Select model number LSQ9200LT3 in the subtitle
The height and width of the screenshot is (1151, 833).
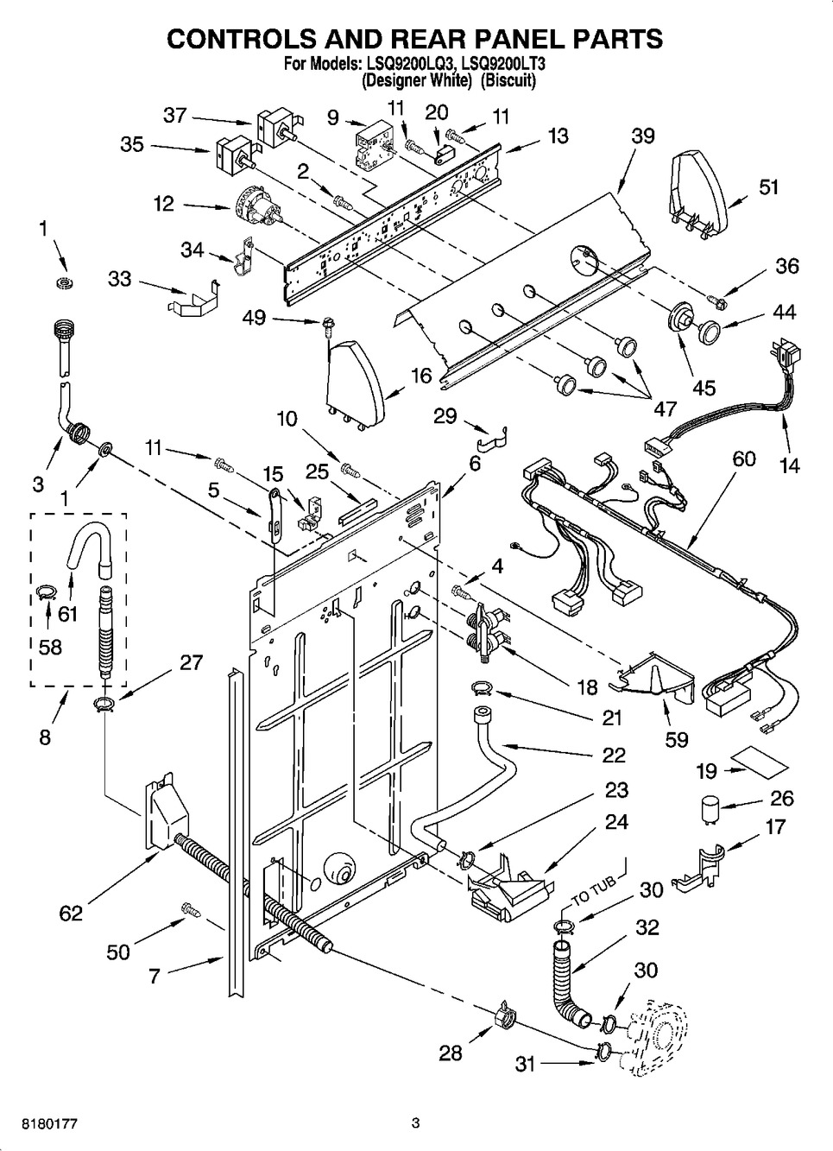pos(502,64)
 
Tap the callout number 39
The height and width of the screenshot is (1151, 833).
pos(643,136)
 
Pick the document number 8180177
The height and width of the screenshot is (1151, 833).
pos(49,1121)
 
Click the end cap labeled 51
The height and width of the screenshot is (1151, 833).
pos(699,193)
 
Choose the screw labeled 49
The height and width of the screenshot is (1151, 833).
pos(326,325)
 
